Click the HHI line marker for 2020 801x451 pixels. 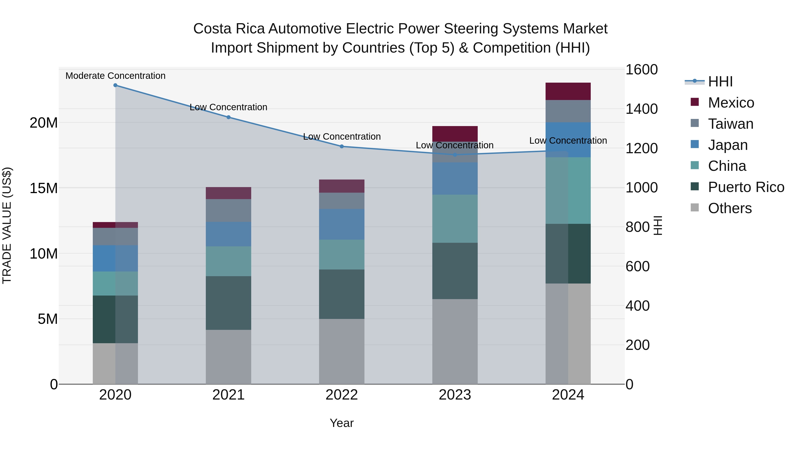[x=115, y=85]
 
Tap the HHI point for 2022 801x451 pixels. [x=342, y=146]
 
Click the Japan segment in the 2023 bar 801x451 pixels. [x=455, y=178]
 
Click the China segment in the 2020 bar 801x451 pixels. [x=115, y=283]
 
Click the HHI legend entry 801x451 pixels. [x=720, y=82]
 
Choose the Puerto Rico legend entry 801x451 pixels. [x=746, y=187]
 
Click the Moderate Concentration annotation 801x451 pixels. [x=115, y=76]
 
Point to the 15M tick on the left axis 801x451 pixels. [x=44, y=188]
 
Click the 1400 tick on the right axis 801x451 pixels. [x=641, y=109]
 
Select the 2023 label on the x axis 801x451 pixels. [x=455, y=395]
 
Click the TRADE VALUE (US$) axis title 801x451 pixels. [x=7, y=225]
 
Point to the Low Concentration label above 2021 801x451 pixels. [x=229, y=107]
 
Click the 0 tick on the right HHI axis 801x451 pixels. [x=629, y=384]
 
